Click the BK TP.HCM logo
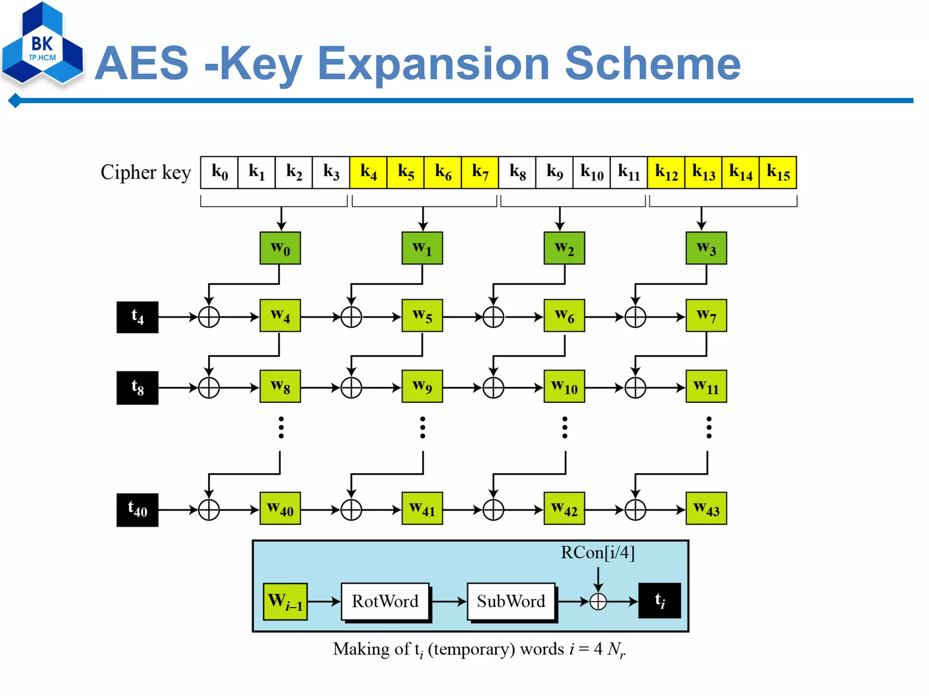point(42,45)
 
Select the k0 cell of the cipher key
point(219,172)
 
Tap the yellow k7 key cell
point(479,172)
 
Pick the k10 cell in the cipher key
point(592,172)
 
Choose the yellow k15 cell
point(777,172)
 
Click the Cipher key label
point(146,172)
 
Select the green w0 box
point(280,248)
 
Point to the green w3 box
point(706,248)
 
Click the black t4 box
point(137,317)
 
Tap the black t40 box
point(137,510)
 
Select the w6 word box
point(564,316)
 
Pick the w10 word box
point(564,387)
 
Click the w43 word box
point(706,508)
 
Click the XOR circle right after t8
point(209,388)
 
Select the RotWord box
point(385,601)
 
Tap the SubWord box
point(511,601)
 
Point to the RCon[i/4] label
point(597,552)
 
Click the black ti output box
point(659,601)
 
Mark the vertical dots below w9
point(422,427)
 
